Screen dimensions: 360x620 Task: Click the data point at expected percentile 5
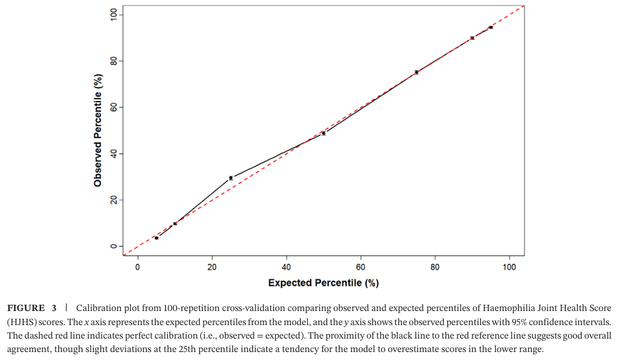156,238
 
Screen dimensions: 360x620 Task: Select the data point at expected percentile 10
175,223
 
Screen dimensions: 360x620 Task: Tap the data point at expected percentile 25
231,178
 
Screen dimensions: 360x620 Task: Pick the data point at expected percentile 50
323,133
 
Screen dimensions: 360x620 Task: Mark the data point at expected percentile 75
417,72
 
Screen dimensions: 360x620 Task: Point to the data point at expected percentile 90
472,38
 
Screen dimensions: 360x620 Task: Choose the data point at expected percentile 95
491,28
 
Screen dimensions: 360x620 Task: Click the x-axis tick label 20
212,268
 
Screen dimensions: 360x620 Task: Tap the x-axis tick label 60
361,268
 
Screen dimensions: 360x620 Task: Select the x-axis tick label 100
509,268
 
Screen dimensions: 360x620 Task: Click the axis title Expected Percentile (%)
323,283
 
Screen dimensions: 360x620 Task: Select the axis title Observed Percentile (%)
98,130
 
